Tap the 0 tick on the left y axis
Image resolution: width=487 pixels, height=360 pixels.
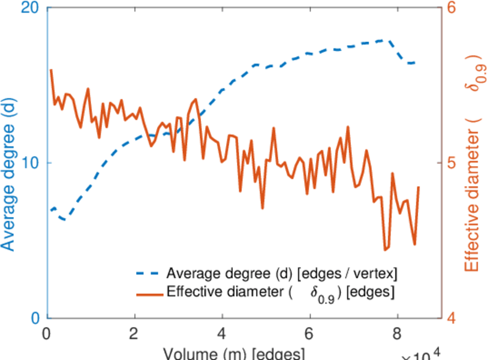coord(35,318)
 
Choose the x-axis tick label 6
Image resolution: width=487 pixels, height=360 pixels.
coord(309,334)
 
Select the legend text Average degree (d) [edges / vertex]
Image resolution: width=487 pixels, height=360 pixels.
coord(282,274)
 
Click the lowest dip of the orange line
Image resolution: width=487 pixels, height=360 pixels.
coord(386,250)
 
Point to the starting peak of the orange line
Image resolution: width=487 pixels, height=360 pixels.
coord(51,70)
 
